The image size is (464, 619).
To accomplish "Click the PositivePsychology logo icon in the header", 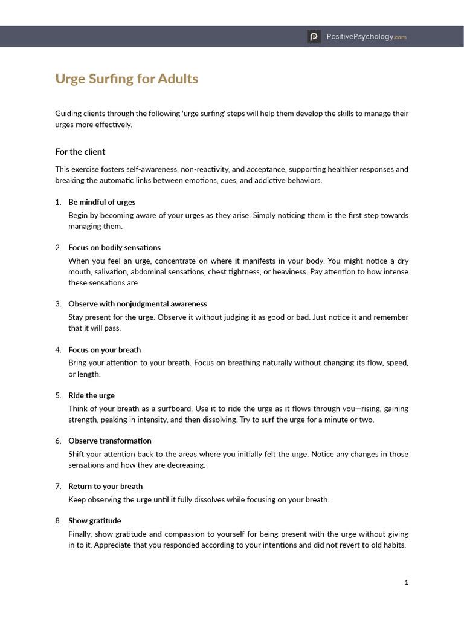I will pyautogui.click(x=314, y=37).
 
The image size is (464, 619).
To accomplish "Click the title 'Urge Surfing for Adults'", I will pyautogui.click(x=126, y=79).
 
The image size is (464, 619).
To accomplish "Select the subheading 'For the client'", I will pyautogui.click(x=80, y=152).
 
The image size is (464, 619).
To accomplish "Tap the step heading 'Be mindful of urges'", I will pyautogui.click(x=101, y=202).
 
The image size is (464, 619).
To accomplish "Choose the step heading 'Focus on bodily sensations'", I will pyautogui.click(x=114, y=247).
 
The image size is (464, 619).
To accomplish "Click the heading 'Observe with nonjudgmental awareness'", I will pyautogui.click(x=137, y=304).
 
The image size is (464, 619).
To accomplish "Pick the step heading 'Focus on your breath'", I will pyautogui.click(x=105, y=350).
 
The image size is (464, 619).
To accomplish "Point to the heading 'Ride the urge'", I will pyautogui.click(x=91, y=395).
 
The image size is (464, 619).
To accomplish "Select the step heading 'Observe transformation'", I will pyautogui.click(x=109, y=441).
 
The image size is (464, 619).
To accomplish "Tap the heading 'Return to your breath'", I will pyautogui.click(x=106, y=486).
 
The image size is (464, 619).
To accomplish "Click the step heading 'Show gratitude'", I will pyautogui.click(x=94, y=520).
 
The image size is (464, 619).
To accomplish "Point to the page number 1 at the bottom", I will pyautogui.click(x=407, y=582).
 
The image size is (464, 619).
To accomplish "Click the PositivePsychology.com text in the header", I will pyautogui.click(x=366, y=37).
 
